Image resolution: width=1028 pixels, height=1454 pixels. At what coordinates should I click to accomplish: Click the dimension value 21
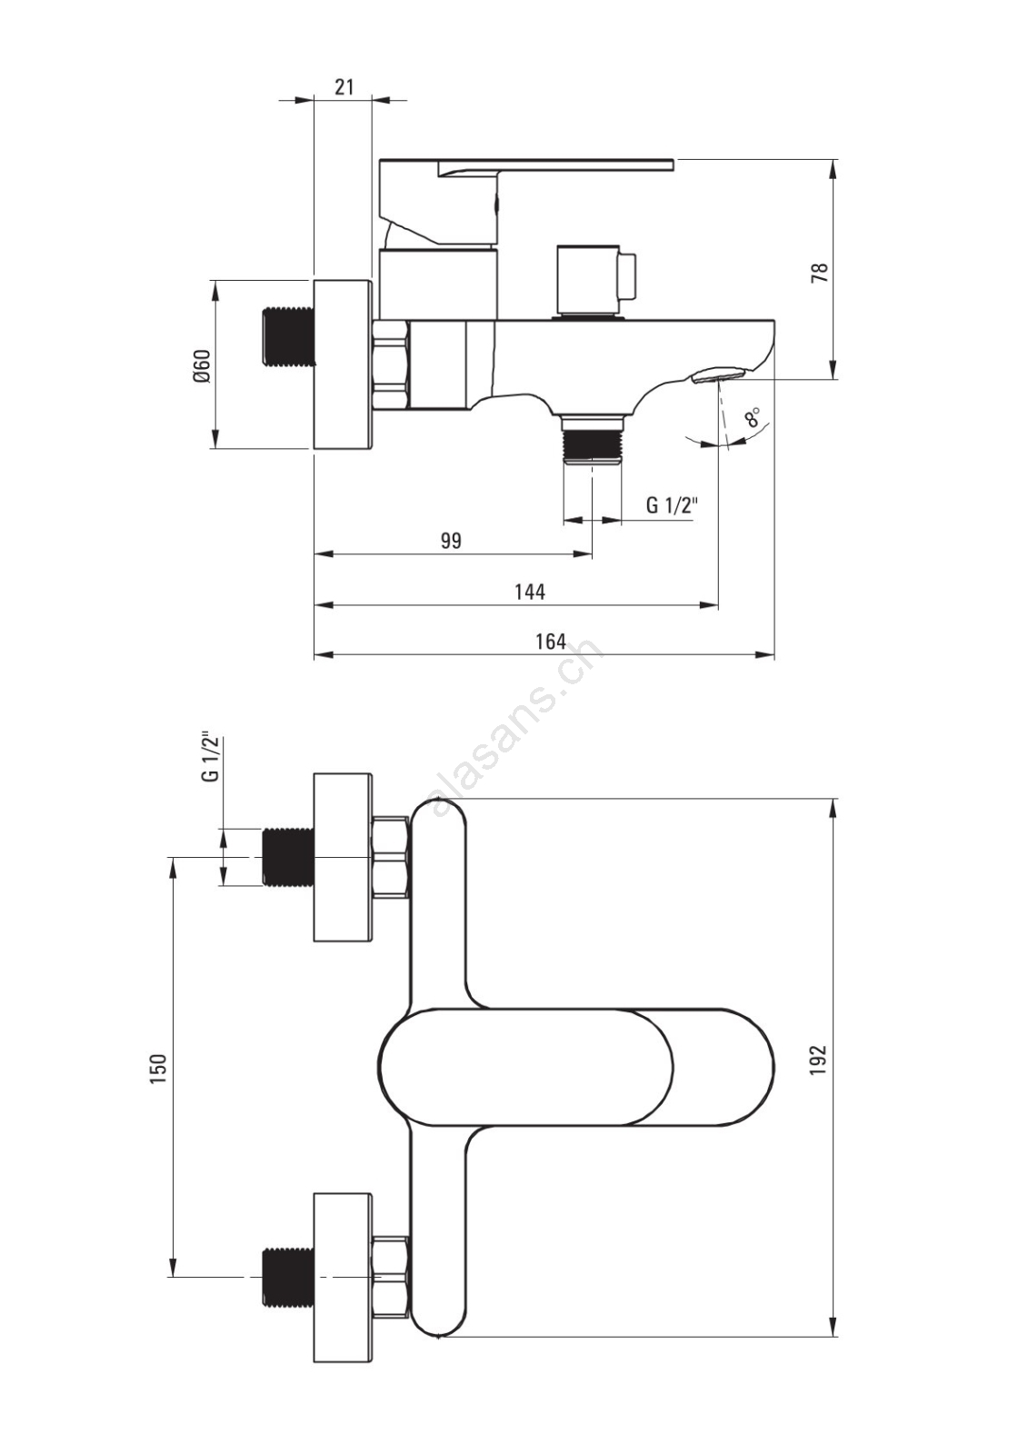point(344,86)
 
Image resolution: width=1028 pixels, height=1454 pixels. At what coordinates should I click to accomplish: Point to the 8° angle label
point(753,416)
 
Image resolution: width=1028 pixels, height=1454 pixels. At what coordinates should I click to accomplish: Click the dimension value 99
point(452,540)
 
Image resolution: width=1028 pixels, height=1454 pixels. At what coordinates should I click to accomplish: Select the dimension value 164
point(551,641)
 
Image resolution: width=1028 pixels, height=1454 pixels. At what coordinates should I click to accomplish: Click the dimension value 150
point(160,1068)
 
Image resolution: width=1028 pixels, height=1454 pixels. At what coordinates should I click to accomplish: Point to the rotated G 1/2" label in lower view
point(210,758)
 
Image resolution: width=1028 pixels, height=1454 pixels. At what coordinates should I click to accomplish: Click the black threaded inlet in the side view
point(288,335)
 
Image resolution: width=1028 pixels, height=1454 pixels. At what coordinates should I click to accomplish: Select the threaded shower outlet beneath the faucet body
point(593,440)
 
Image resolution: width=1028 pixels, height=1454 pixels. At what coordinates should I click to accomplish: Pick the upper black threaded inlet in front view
point(288,856)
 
